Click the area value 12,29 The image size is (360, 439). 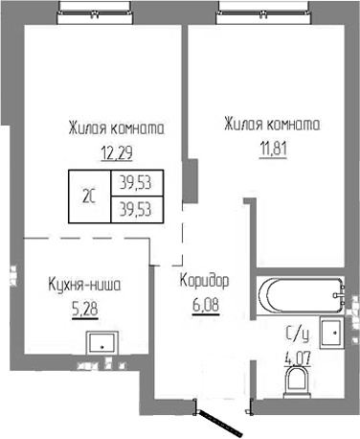coord(115,150)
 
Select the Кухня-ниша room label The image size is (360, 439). coord(85,284)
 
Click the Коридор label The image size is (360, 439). coord(204,281)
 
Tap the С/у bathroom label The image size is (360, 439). coord(298,334)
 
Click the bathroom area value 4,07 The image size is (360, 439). coord(298,362)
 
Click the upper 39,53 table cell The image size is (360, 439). coord(133,180)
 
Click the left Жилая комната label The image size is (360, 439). coord(115,127)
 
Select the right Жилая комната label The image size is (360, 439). coord(271,124)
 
